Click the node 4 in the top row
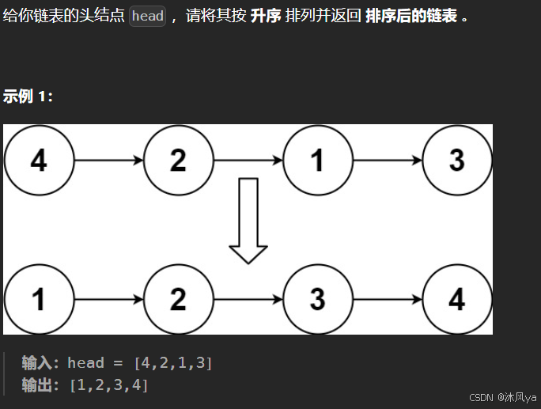39,160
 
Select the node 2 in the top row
178,160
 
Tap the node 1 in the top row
317,160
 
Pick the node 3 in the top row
456,160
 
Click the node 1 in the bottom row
39,299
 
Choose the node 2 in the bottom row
178,299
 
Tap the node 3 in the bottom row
317,299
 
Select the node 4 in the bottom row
456,299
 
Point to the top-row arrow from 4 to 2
108,160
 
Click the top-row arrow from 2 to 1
248,160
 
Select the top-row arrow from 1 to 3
387,160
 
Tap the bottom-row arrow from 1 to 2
108,299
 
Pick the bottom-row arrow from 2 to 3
248,299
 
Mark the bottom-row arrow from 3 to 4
387,299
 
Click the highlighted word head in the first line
148,16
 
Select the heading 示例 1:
28,97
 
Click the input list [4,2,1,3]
172,363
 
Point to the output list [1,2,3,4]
109,385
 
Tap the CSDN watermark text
502,397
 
